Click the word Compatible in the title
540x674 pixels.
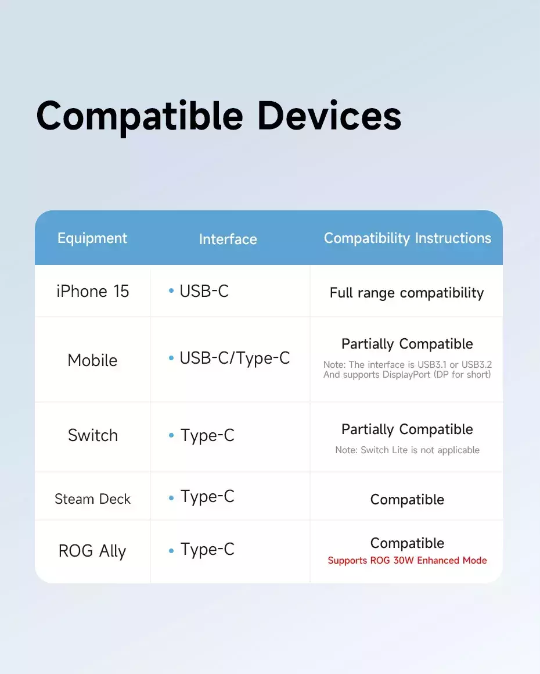click(x=139, y=116)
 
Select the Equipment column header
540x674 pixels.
click(x=92, y=239)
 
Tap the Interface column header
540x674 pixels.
click(x=228, y=239)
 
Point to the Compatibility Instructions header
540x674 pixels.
click(x=407, y=239)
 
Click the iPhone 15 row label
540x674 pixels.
click(x=93, y=292)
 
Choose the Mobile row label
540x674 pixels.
click(x=92, y=360)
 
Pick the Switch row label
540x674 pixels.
click(x=93, y=435)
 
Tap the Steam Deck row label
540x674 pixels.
click(x=92, y=499)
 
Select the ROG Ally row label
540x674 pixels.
click(x=92, y=551)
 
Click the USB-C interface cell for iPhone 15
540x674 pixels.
click(x=204, y=291)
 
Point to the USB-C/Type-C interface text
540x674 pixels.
click(x=235, y=358)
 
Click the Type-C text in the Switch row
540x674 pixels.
click(x=207, y=435)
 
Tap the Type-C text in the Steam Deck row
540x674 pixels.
click(x=207, y=496)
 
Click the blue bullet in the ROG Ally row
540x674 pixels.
click(x=171, y=551)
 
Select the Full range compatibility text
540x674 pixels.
click(x=407, y=293)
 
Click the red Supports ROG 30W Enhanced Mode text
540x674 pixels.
click(x=407, y=561)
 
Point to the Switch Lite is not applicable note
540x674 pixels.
click(x=420, y=450)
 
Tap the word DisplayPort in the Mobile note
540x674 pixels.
click(x=406, y=375)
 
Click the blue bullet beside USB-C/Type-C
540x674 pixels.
click(x=171, y=358)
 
